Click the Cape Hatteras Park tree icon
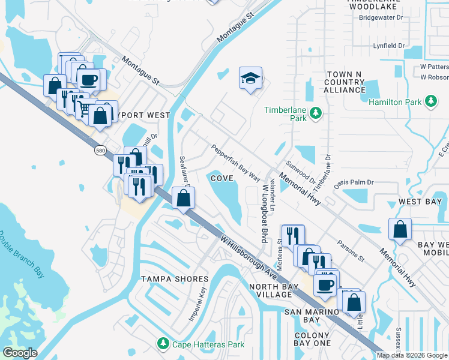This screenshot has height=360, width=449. point(163,344)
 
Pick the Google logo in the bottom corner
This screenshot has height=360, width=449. point(20,353)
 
